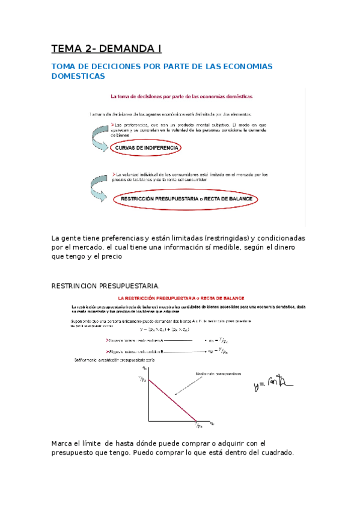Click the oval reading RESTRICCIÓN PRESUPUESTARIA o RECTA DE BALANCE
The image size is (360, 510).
point(185,198)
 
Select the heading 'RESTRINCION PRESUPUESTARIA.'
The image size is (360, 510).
point(106,286)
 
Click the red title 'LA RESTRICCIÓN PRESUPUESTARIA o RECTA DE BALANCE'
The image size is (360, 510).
point(181,298)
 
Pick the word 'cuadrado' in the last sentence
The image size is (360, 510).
point(275,453)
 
